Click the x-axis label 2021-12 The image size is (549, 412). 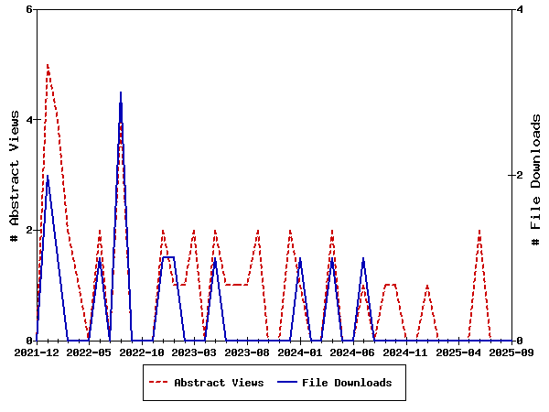click(37, 352)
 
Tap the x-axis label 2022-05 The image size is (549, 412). click(90, 352)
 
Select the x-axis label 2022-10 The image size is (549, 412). click(142, 352)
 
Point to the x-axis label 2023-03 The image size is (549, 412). click(195, 352)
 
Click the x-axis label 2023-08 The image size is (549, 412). click(248, 352)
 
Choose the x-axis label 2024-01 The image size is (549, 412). click(301, 352)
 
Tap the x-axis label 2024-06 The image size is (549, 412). click(353, 352)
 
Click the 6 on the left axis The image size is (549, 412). click(28, 10)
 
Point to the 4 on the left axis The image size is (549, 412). click(28, 120)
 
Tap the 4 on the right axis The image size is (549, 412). click(520, 10)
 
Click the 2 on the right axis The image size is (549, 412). click(520, 175)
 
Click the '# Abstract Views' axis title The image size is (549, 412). click(14, 175)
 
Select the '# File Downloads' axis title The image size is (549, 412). click(536, 175)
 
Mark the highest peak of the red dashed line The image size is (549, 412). click(48, 65)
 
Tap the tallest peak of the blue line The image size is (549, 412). click(121, 92)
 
